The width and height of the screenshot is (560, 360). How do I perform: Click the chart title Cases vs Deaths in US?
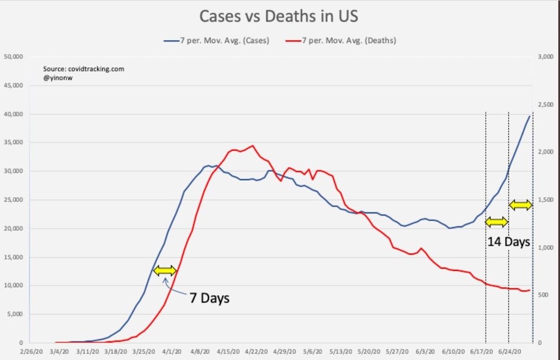278,16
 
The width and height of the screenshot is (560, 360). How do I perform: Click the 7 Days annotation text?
209,297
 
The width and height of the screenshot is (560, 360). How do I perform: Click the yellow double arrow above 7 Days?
165,271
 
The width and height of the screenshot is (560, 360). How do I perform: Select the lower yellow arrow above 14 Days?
496,222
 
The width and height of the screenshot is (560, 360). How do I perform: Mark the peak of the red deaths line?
253,146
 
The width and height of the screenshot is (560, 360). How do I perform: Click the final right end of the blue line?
530,116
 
